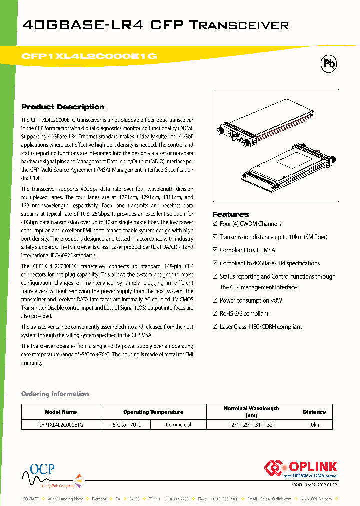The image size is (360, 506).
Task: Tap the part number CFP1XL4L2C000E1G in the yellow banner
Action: click(x=90, y=56)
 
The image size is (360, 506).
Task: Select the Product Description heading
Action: click(x=63, y=107)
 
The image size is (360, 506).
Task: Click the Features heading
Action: click(x=230, y=214)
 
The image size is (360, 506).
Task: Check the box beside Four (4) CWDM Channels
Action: click(x=215, y=224)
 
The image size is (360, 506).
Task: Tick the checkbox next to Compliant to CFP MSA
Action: click(x=215, y=250)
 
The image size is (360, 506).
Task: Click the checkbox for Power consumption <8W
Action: click(x=215, y=300)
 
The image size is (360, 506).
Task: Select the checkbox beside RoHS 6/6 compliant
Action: click(x=215, y=313)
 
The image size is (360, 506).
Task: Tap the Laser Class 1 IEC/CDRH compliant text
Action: click(x=260, y=327)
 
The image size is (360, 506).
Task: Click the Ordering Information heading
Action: click(x=55, y=394)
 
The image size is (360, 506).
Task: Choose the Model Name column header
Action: click(x=61, y=412)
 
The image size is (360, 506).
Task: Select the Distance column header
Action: click(x=314, y=412)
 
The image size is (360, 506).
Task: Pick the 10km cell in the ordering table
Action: click(x=314, y=425)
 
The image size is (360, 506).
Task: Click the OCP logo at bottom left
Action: click(x=42, y=470)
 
